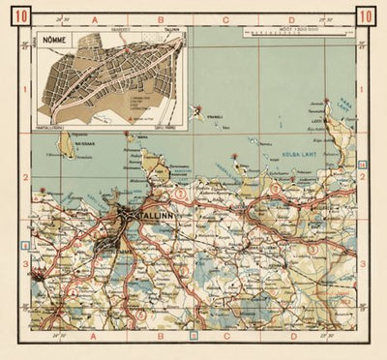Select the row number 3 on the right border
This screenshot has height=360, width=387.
[361, 262]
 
